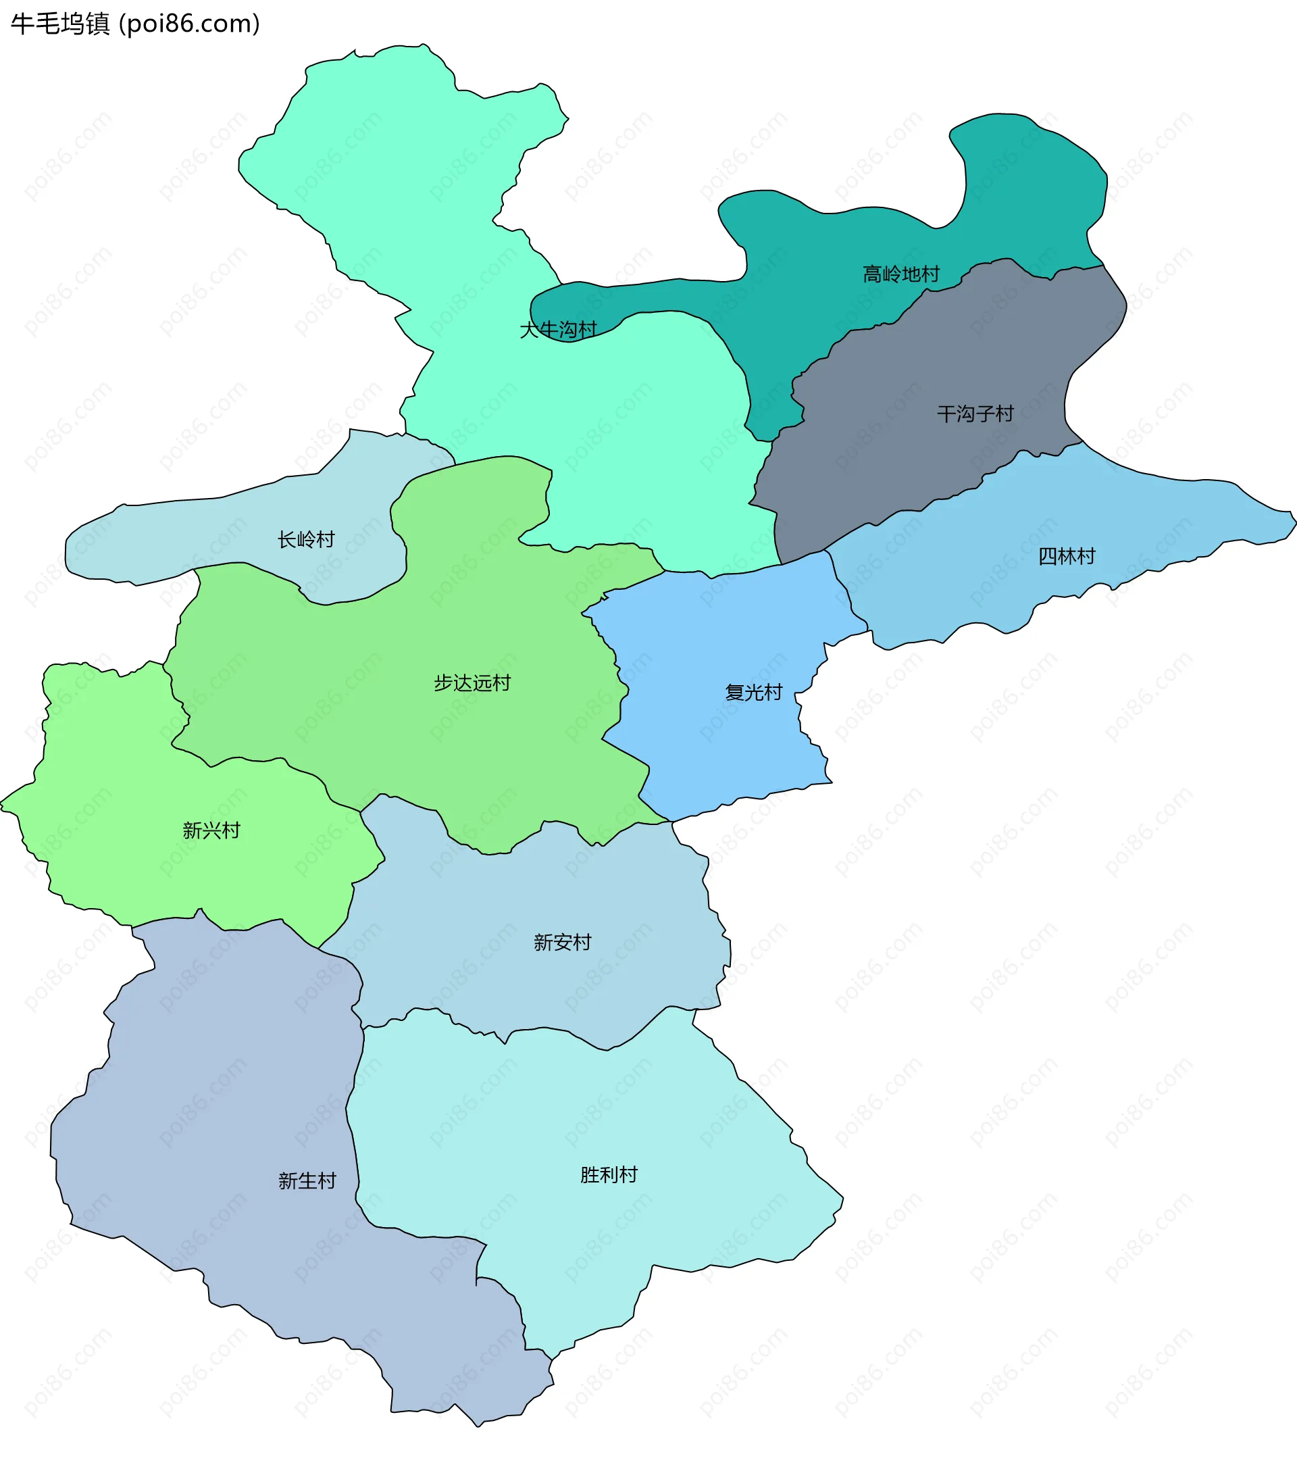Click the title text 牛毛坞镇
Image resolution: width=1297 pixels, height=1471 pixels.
(60, 24)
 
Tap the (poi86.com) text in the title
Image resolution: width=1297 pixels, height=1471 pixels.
(189, 24)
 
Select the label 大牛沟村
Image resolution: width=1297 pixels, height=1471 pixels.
(558, 330)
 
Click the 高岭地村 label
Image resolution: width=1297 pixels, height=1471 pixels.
(900, 274)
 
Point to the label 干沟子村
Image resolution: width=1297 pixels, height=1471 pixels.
(975, 414)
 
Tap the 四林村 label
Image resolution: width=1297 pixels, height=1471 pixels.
(1066, 556)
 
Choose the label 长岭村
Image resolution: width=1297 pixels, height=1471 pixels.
(307, 540)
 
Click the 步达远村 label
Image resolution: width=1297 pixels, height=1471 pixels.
(472, 683)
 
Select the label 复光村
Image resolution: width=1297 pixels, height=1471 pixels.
(753, 693)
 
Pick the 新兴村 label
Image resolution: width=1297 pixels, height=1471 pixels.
(211, 830)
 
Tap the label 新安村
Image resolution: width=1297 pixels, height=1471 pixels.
(562, 942)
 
